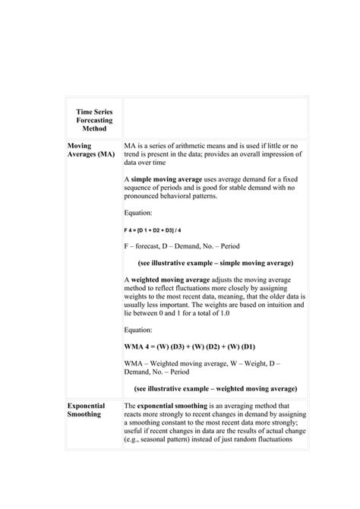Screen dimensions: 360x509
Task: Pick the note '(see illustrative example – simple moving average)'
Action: [215, 263]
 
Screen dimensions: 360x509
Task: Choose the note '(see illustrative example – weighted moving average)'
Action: [215, 388]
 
